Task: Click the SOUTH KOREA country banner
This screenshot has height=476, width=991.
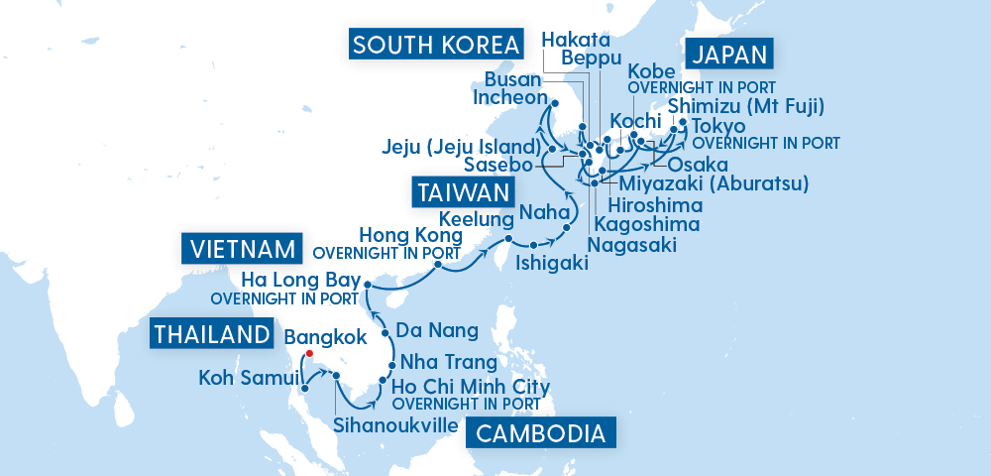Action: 437,45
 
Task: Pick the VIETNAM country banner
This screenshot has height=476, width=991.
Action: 241,248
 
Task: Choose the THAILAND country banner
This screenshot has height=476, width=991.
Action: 211,334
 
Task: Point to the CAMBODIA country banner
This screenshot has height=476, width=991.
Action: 541,433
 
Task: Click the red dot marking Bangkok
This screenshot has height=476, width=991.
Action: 309,353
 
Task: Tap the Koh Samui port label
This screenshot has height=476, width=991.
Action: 248,377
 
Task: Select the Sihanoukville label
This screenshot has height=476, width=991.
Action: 396,425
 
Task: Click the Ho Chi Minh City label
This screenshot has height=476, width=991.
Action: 471,386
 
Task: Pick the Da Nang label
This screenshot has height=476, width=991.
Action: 436,330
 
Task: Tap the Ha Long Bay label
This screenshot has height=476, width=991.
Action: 297,279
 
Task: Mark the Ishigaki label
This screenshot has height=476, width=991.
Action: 552,263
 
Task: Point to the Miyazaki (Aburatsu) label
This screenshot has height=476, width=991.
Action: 714,183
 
